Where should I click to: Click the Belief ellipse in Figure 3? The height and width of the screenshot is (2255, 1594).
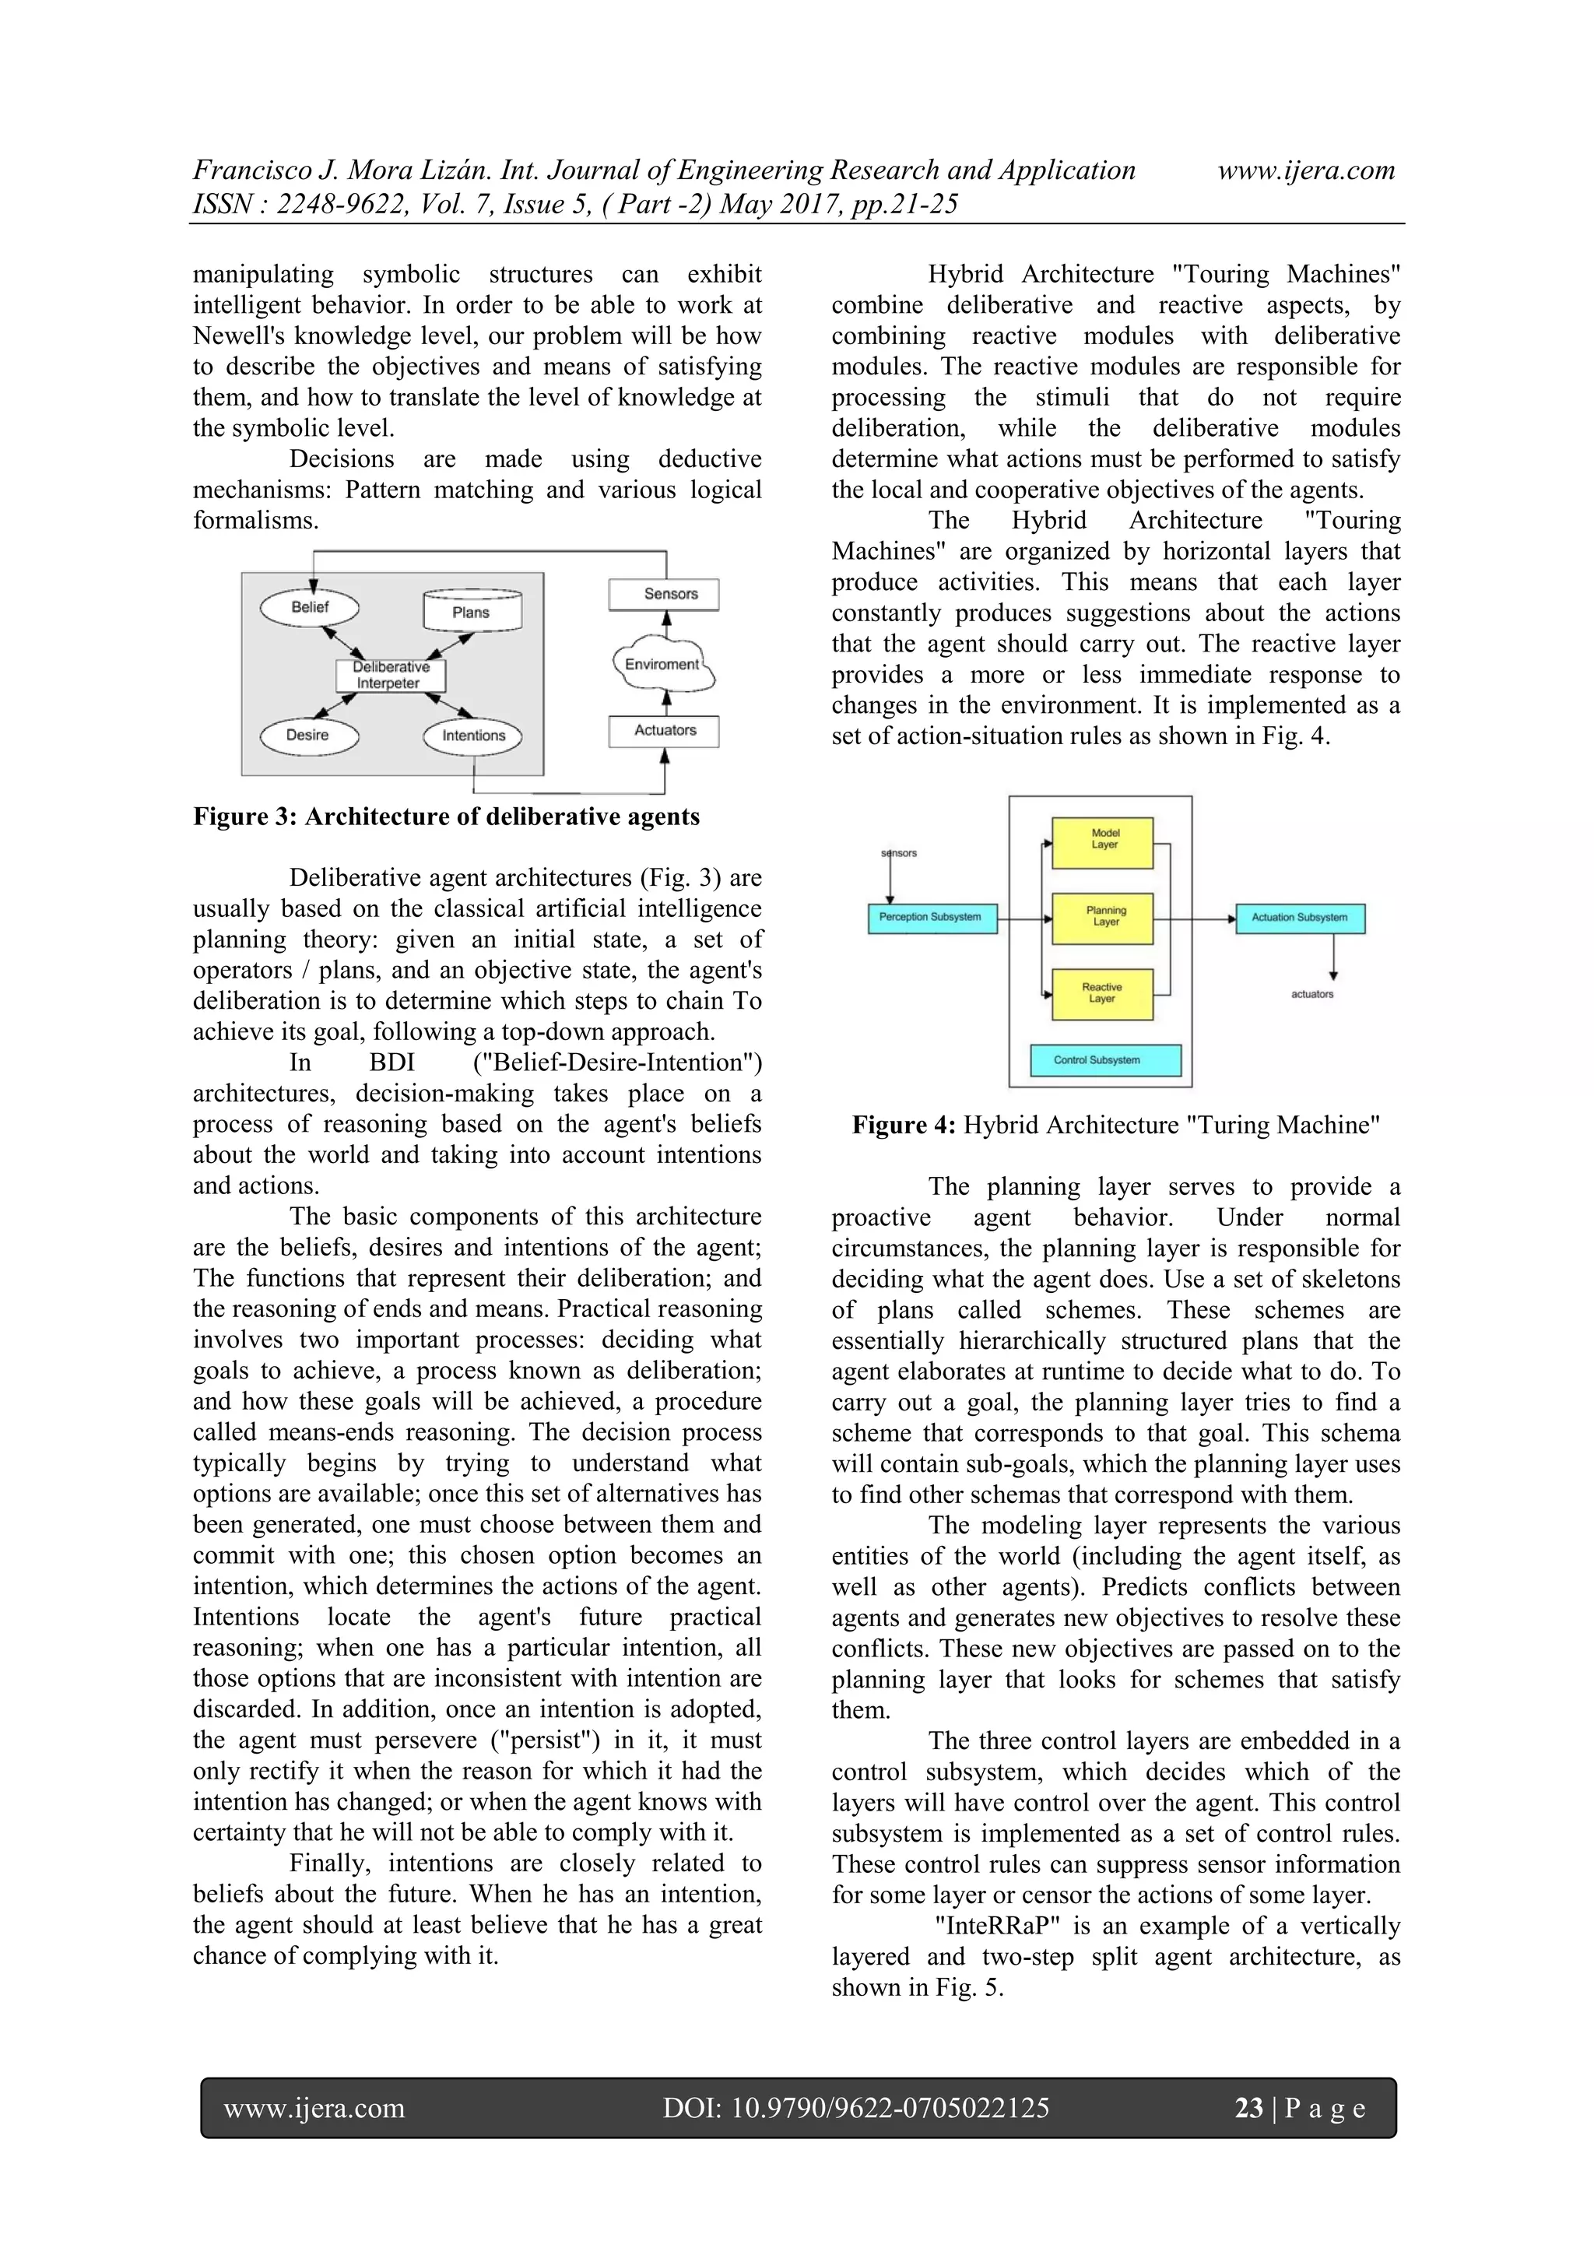(x=309, y=607)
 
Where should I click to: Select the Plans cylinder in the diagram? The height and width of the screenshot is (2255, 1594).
(x=472, y=611)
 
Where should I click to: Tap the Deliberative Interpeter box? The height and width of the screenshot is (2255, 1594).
(x=390, y=675)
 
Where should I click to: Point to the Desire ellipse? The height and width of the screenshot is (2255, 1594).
(x=308, y=735)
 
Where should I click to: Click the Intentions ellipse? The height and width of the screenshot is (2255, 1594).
(x=472, y=736)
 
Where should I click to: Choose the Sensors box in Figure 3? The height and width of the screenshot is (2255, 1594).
(x=665, y=594)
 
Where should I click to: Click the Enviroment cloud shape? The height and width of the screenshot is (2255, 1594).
(x=663, y=665)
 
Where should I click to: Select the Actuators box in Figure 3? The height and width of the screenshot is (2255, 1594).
(x=664, y=731)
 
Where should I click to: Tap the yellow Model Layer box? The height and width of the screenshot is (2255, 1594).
(x=1103, y=841)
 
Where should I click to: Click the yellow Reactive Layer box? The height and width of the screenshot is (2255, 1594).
(x=1102, y=994)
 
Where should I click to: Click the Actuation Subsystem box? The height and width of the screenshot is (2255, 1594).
(x=1299, y=917)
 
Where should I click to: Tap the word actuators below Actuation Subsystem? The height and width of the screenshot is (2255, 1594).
(x=1312, y=994)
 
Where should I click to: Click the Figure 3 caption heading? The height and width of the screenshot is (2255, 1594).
(x=446, y=817)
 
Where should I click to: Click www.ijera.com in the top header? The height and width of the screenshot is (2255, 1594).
(x=1305, y=171)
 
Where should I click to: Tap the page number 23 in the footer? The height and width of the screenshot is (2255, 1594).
(x=1248, y=2108)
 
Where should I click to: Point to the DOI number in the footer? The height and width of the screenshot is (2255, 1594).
(x=855, y=2108)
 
